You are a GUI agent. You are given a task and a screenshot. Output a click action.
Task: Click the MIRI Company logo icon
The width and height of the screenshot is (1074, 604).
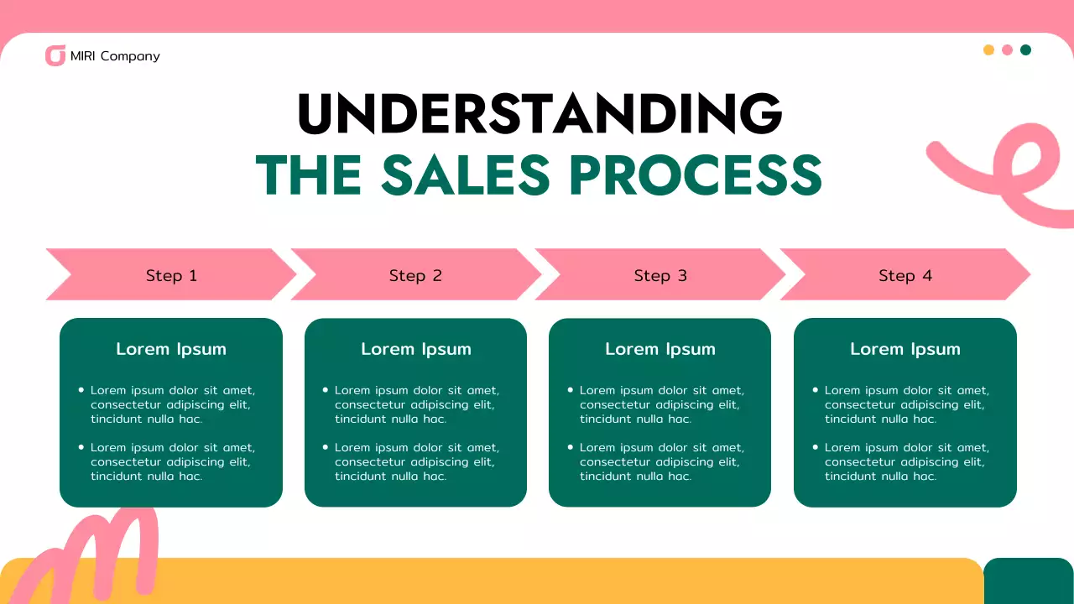pyautogui.click(x=55, y=56)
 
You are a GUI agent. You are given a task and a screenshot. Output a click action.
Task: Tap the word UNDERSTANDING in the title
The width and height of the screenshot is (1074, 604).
pyautogui.click(x=540, y=114)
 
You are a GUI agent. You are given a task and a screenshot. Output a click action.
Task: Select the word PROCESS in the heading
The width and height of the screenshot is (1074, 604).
pyautogui.click(x=696, y=174)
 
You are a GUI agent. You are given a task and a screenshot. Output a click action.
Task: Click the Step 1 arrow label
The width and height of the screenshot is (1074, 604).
pyautogui.click(x=171, y=275)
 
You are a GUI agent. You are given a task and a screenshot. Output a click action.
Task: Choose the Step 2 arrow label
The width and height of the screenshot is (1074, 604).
pyautogui.click(x=415, y=275)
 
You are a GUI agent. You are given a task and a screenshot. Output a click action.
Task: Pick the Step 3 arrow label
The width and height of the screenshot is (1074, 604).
pyautogui.click(x=660, y=275)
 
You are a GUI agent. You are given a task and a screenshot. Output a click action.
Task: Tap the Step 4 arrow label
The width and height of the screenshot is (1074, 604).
pyautogui.click(x=905, y=275)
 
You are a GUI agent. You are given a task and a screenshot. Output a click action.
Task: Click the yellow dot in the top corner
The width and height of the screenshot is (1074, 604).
pyautogui.click(x=988, y=50)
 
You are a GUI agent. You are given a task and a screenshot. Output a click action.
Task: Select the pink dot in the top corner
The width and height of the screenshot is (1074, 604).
pyautogui.click(x=1007, y=50)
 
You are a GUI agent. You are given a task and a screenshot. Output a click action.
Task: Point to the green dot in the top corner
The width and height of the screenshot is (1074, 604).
pyautogui.click(x=1025, y=50)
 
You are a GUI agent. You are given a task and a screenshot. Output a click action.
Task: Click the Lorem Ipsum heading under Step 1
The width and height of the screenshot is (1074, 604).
pyautogui.click(x=171, y=349)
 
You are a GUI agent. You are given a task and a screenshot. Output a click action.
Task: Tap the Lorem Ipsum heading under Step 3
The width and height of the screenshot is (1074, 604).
pyautogui.click(x=660, y=349)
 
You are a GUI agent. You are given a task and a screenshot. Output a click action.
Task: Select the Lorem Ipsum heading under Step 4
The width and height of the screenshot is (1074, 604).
pyautogui.click(x=905, y=349)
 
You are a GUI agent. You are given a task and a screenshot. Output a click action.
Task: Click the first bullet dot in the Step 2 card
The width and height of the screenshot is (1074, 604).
pyautogui.click(x=326, y=390)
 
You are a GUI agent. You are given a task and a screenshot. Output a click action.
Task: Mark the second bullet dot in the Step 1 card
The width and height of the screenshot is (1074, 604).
pyautogui.click(x=81, y=447)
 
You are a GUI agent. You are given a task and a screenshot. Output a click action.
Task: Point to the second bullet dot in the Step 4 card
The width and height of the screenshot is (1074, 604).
pyautogui.click(x=816, y=447)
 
